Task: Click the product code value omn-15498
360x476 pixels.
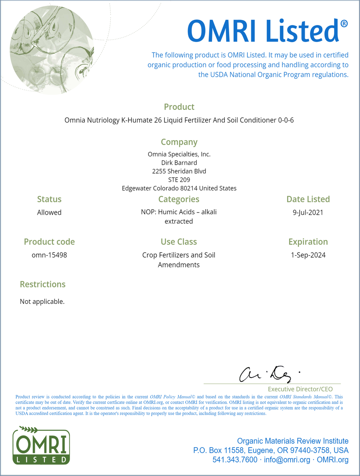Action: pos(49,255)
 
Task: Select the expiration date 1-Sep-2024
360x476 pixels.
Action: pos(308,255)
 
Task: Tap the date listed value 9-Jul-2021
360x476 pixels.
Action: pos(308,212)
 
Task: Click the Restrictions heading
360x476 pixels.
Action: pos(43,284)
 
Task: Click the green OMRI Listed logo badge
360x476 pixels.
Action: pos(41,446)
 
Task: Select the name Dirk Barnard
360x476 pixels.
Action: pos(179,162)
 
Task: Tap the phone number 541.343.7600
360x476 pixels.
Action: pos(235,460)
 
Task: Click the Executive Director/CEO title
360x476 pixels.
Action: pos(300,389)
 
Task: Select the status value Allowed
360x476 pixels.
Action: pos(49,212)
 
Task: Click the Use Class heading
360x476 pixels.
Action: pos(179,242)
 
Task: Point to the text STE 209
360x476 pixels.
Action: pos(179,180)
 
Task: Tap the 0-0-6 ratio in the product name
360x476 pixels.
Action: pos(286,120)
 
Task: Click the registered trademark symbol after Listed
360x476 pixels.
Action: pos(344,24)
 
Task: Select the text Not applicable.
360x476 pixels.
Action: pos(42,301)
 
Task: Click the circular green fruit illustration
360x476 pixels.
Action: pos(52,50)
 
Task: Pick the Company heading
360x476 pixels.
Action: pos(179,142)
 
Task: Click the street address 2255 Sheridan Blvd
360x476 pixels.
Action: pos(179,171)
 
